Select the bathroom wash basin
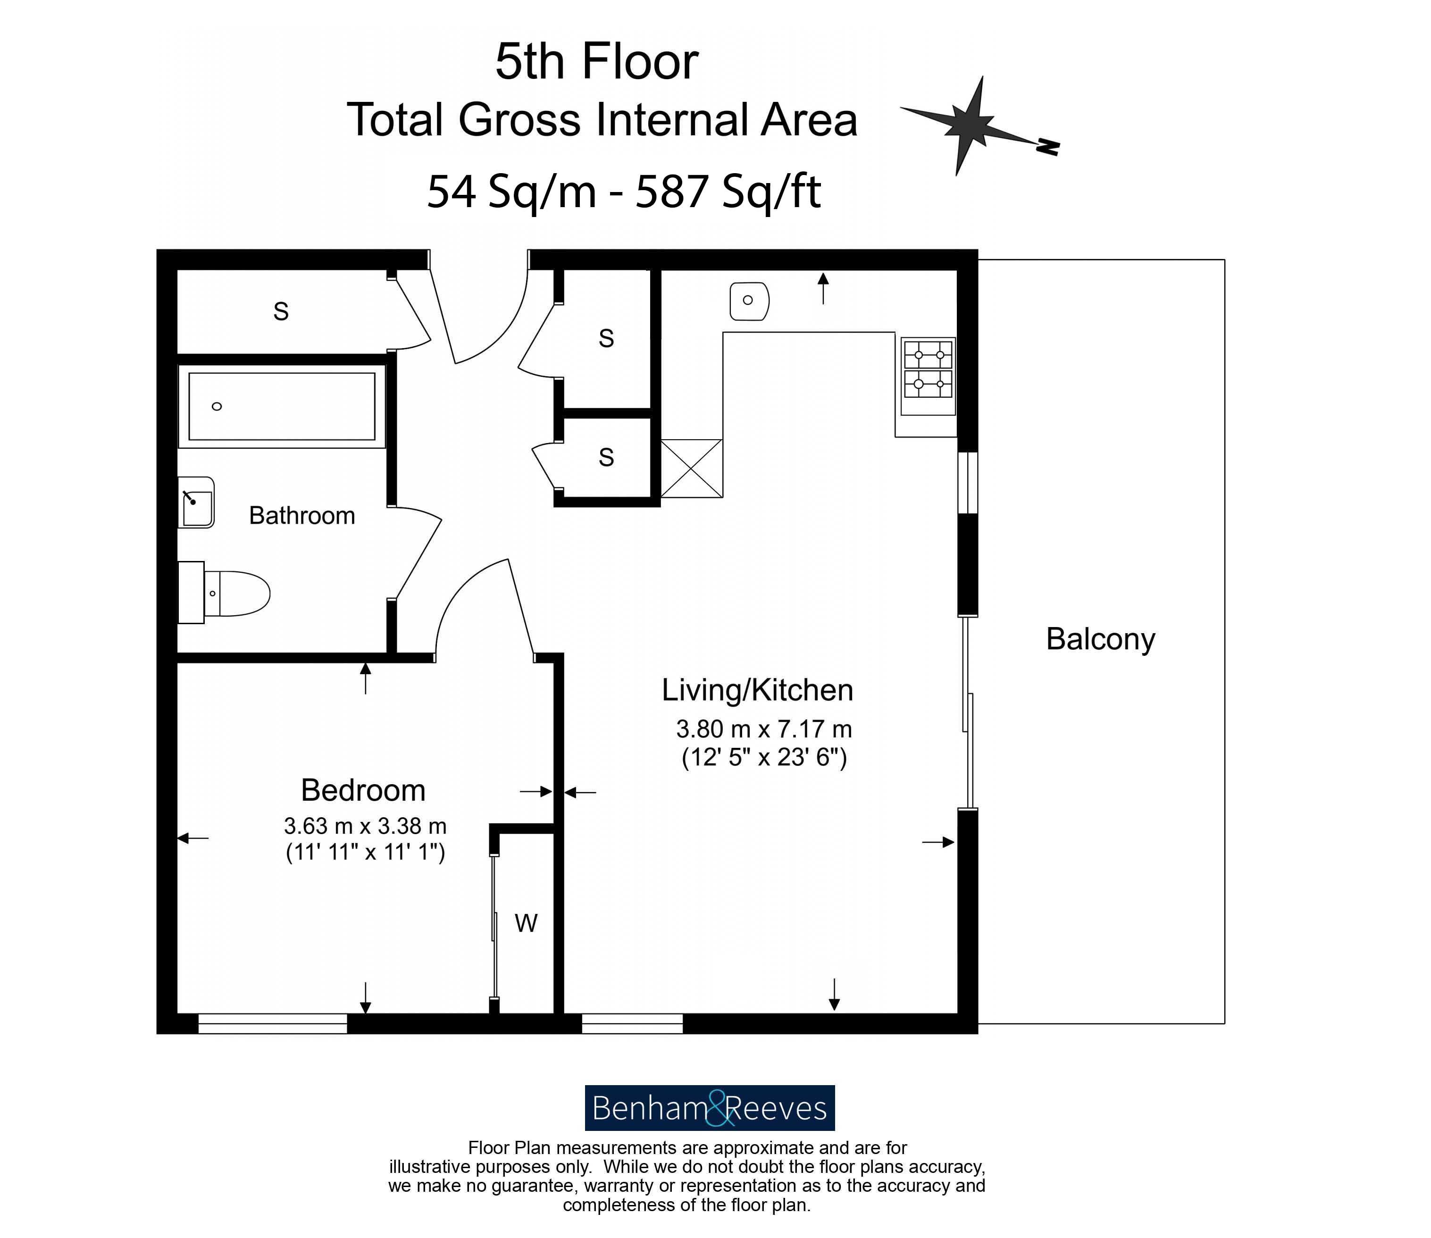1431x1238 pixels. coord(196,502)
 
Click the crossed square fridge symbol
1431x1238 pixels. coord(692,468)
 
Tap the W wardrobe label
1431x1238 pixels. coord(526,923)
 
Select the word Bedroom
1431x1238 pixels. coord(363,790)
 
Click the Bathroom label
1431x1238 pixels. coord(302,515)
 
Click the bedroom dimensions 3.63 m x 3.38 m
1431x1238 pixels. coord(365,826)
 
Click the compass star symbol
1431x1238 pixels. coord(971,125)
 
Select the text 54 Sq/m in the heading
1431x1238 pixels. coord(511,192)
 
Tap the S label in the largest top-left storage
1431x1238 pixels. coord(281,311)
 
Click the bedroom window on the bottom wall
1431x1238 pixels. coord(272,1023)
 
